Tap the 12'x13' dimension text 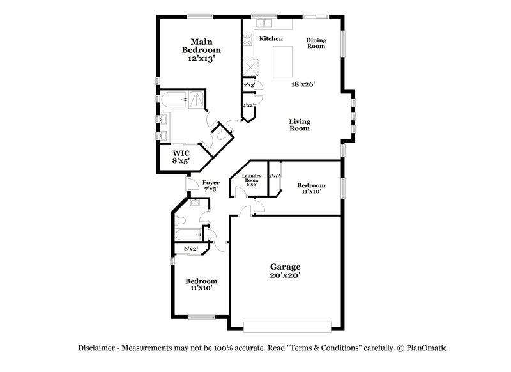(x=201, y=58)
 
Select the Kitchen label (x=271, y=39)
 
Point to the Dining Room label (x=316, y=43)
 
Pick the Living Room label (x=299, y=125)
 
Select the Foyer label (x=211, y=183)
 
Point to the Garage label (x=284, y=267)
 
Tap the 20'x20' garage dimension (x=284, y=275)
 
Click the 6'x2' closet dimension (x=191, y=249)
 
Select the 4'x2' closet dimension (x=248, y=105)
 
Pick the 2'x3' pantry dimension (x=249, y=84)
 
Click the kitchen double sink (x=264, y=24)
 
